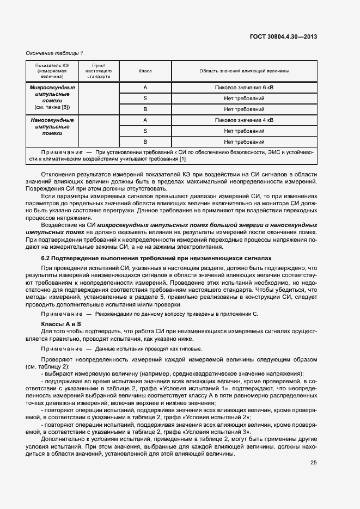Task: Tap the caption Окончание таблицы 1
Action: click(54, 53)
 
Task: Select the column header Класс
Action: click(145, 71)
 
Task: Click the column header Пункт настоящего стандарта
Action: click(99, 71)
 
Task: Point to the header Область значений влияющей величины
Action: click(244, 71)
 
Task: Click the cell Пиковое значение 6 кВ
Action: click(244, 88)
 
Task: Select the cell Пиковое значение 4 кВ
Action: click(244, 120)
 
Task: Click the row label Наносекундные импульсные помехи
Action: click(52, 126)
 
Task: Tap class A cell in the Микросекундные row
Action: click(145, 88)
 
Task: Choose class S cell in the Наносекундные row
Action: click(145, 131)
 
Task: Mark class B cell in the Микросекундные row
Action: click(145, 109)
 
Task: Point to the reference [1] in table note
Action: click(183, 158)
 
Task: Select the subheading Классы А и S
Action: click(57, 324)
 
